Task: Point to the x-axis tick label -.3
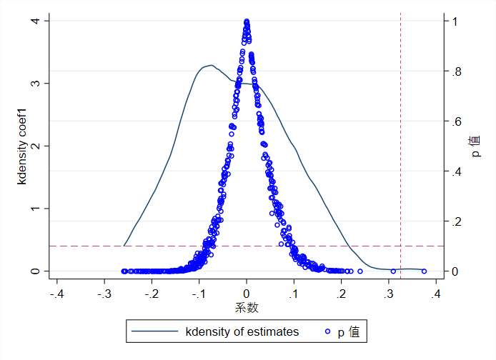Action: [x=104, y=294]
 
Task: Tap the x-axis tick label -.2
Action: [x=151, y=294]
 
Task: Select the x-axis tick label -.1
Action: [x=198, y=294]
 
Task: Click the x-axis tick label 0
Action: [x=247, y=294]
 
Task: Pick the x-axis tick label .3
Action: [x=388, y=294]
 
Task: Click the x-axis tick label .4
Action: [x=435, y=294]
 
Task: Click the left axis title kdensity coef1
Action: [x=23, y=146]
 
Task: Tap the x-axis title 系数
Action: [x=247, y=309]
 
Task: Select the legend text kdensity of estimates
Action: [x=242, y=331]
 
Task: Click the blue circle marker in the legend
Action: [x=328, y=331]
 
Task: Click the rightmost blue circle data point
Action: [x=424, y=271]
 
